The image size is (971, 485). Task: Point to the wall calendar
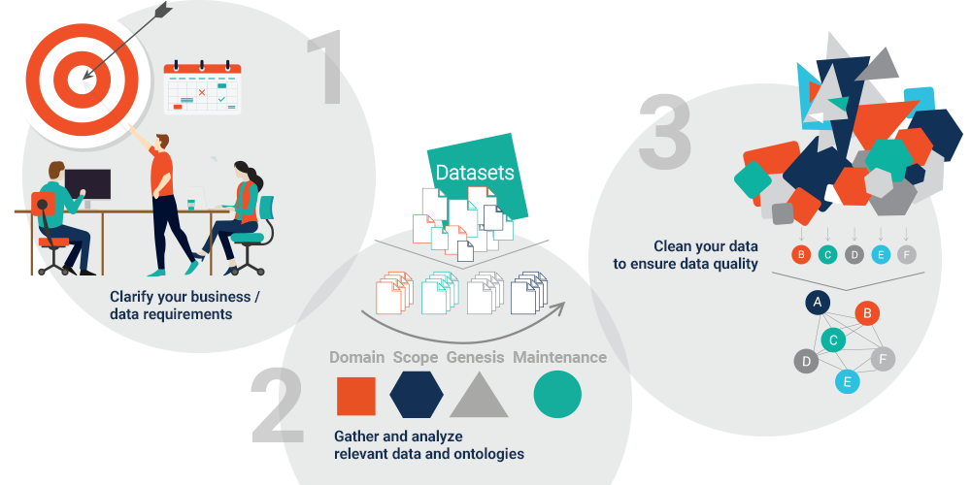click(202, 89)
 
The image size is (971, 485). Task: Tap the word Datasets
click(474, 173)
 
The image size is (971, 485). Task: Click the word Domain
click(356, 357)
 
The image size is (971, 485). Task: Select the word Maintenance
click(559, 357)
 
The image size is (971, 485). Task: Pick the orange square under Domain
click(356, 396)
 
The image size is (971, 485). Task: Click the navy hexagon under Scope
click(417, 395)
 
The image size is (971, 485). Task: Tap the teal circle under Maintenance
click(557, 395)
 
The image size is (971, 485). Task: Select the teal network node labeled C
click(831, 339)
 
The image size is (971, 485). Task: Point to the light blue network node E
click(848, 381)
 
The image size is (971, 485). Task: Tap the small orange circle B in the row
click(801, 255)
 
